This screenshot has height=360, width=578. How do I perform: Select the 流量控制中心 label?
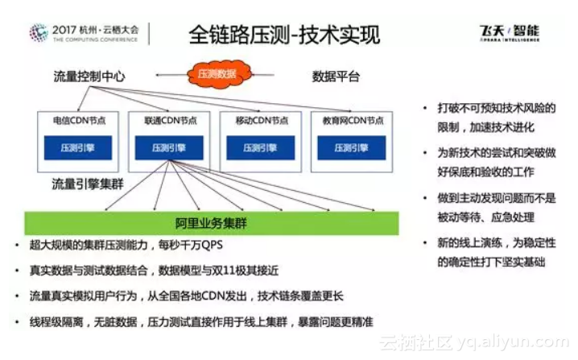(x=89, y=77)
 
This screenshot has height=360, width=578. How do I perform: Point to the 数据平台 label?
(x=336, y=77)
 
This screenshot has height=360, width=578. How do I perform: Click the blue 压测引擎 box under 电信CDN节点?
(x=78, y=147)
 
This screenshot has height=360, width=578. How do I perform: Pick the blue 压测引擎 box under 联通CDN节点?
(x=170, y=147)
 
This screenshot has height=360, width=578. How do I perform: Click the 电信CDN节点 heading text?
(x=79, y=121)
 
